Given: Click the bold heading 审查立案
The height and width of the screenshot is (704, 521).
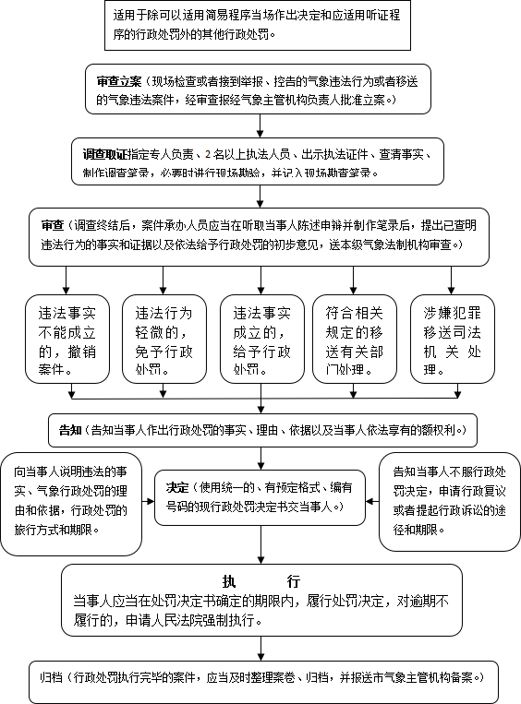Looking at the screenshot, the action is coord(118,81).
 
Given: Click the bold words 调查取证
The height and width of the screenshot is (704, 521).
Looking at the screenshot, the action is coord(105,154).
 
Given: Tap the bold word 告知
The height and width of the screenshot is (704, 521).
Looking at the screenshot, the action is coord(70,430).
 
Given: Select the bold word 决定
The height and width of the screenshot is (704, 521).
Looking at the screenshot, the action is coord(177,487).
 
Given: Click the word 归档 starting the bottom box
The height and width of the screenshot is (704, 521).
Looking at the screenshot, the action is coord(51,677).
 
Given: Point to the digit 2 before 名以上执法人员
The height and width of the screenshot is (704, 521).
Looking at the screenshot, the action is coord(208,154).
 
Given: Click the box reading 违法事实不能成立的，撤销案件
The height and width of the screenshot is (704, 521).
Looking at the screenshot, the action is coord(67,339).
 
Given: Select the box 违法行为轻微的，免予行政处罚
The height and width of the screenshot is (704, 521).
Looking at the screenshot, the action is coord(164,339).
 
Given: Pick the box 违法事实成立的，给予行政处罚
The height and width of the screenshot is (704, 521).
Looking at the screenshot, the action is coord(262,339).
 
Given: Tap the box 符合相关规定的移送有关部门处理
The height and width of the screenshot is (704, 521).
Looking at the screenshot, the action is coord(355,339).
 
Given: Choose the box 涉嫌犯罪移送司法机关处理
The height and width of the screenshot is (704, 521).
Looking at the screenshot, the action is coord(453,339).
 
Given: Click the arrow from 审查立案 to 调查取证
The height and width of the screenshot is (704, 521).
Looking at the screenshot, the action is coord(260,125).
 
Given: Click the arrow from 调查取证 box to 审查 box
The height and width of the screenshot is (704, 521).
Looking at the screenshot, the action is coord(260,197).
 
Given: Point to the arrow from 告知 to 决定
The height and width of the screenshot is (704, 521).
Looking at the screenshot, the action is coord(260,459).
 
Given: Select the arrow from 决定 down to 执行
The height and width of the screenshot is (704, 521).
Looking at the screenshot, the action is coord(260,544).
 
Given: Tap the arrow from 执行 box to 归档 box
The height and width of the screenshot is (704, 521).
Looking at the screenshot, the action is coord(260,649).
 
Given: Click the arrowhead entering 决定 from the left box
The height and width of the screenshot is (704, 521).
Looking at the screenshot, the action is coord(151,501).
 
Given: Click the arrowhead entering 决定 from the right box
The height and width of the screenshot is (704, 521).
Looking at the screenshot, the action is coord(370,501).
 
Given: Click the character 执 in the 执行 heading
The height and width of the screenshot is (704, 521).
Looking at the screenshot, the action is coord(229,581).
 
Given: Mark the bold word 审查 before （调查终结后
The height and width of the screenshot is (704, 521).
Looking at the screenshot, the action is coord(53,225).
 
